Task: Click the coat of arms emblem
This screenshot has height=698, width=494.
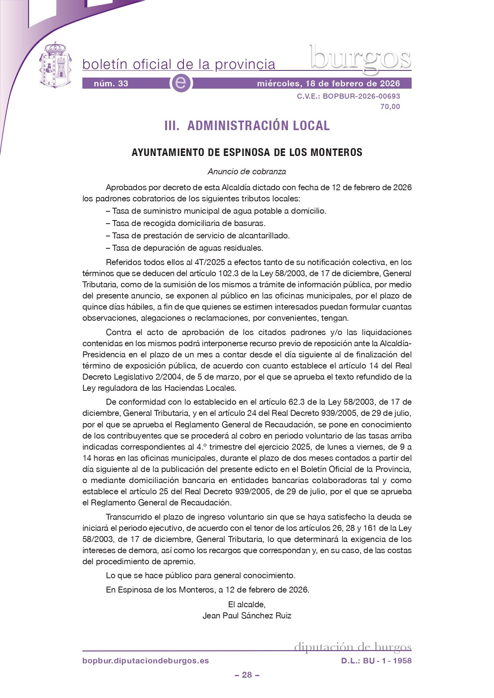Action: tap(55, 65)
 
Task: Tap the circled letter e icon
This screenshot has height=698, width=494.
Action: tap(181, 83)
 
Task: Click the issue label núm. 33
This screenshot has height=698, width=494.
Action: tap(111, 84)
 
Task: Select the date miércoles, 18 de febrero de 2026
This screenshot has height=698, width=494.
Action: tap(328, 84)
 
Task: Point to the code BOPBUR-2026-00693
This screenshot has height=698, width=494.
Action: tap(361, 96)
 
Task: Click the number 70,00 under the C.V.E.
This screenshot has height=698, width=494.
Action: tap(390, 107)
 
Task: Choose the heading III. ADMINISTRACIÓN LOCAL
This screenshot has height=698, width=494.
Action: tap(247, 126)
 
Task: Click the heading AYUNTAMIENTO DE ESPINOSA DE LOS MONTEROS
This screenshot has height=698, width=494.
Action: tap(247, 152)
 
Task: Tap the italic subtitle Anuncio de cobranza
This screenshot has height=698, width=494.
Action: tap(247, 172)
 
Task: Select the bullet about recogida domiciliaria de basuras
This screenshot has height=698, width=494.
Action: tap(185, 223)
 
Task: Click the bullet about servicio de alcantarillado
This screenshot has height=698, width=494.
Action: tap(198, 236)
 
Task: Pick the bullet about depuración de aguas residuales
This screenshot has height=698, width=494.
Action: tap(184, 248)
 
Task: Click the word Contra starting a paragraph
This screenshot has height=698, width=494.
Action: tap(119, 332)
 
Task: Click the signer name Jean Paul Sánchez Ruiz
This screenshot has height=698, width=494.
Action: tap(247, 616)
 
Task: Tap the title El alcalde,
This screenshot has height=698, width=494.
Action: tap(247, 604)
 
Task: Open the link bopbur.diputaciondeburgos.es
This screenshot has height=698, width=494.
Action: tap(146, 661)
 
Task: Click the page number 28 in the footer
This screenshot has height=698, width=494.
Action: tap(247, 675)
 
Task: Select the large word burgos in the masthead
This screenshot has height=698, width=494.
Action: tap(360, 59)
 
